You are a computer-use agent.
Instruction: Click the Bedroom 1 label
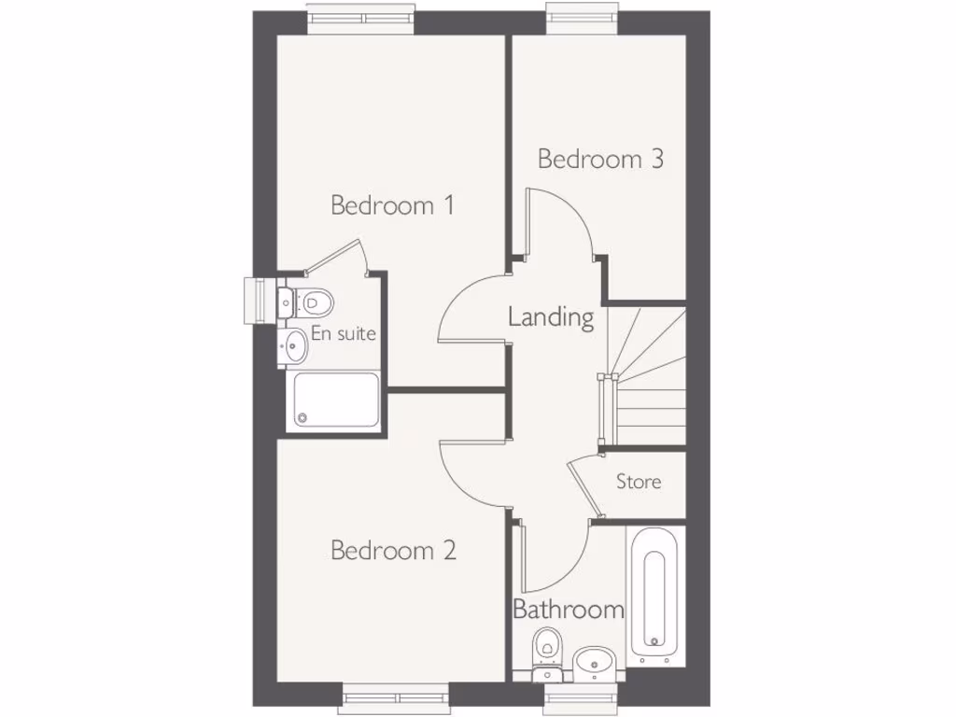point(392,205)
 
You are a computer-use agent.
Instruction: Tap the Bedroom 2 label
point(393,551)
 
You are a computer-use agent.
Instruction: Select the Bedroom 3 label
point(600,159)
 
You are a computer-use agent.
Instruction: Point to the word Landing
point(551,317)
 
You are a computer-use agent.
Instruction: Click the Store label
point(639,482)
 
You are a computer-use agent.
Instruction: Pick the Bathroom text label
point(569,611)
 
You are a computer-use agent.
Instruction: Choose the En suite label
point(344,333)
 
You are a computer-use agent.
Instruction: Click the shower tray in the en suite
point(336,401)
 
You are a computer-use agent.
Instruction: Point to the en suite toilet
point(310,302)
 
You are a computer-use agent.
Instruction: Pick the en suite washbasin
point(294,345)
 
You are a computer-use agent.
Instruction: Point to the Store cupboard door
point(585,485)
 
